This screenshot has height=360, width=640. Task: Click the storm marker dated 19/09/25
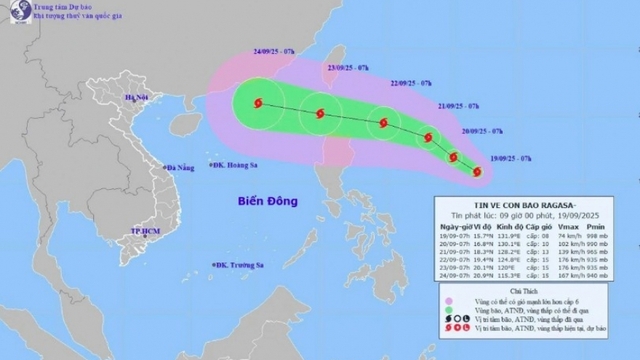476,172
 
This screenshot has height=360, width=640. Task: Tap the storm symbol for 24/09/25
259,102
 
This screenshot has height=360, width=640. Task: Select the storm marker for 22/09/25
383,124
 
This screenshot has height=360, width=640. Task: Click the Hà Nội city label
135,98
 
